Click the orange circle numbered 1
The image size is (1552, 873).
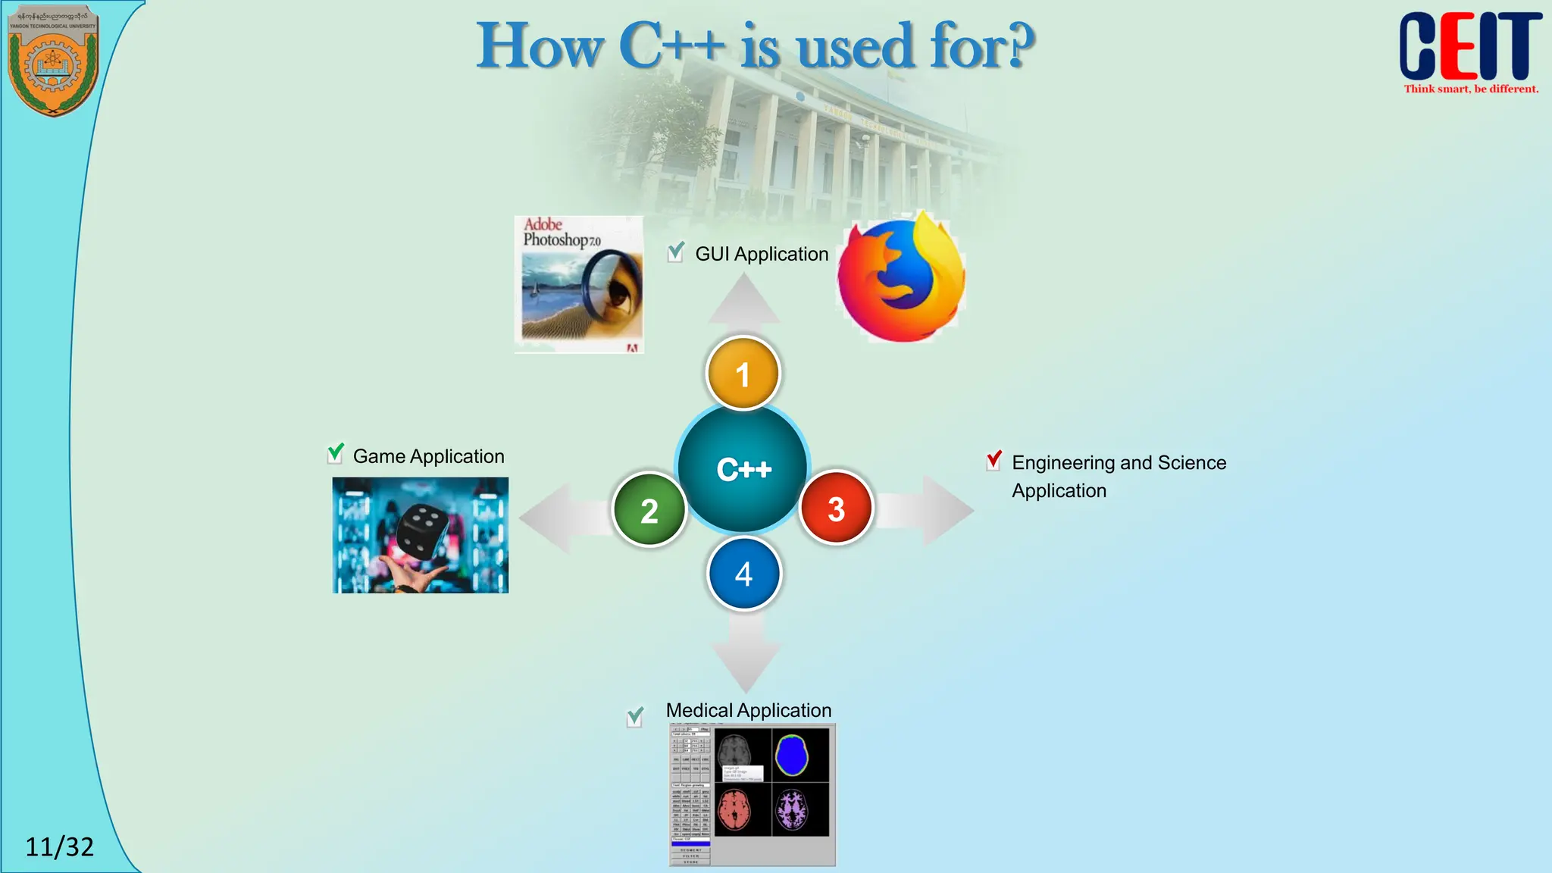tap(743, 374)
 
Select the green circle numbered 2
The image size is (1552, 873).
tap(649, 510)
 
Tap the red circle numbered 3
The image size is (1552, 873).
tap(836, 508)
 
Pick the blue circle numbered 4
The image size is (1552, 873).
tap(743, 574)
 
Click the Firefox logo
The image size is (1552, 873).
tap(900, 279)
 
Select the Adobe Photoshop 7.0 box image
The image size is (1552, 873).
tap(579, 284)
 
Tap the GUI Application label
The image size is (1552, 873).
tap(762, 254)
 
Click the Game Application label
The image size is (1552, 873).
tap(428, 456)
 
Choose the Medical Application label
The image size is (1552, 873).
tap(749, 710)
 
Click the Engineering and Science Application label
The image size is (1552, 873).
tap(1119, 476)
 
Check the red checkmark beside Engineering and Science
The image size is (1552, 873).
tap(994, 460)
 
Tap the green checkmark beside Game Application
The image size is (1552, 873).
tap(335, 453)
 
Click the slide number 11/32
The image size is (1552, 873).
tap(59, 846)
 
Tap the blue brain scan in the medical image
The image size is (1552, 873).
tap(792, 755)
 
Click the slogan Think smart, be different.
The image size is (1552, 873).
tap(1471, 89)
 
